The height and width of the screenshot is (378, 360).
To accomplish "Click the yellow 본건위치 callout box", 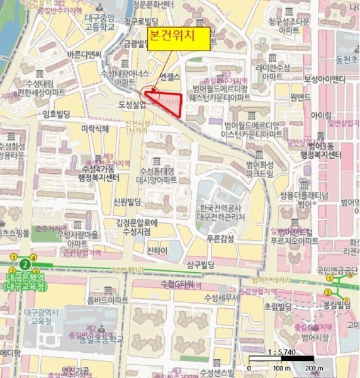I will coord(178,38).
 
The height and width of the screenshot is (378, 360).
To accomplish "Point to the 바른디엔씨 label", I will coord(86,55).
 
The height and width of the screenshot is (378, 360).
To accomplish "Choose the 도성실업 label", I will coord(132,103).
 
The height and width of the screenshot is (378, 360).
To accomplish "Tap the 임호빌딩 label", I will coord(56,114).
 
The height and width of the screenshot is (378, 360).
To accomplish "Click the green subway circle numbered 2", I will coord(25,264).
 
